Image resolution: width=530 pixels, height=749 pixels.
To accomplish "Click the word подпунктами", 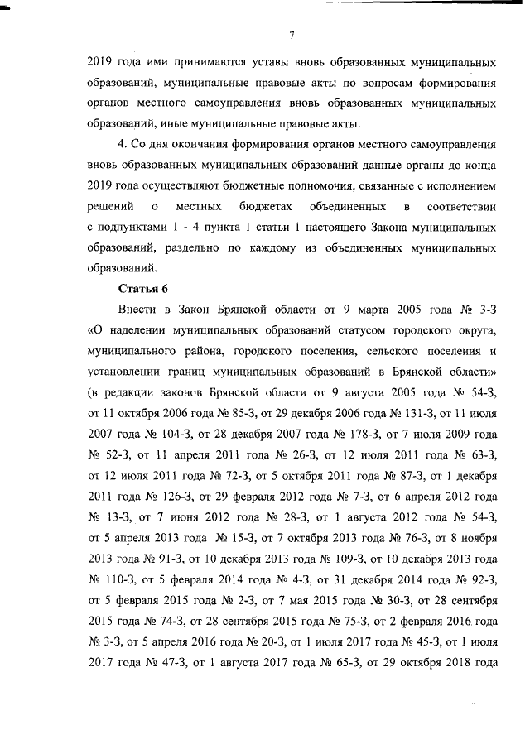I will pyautogui.click(x=138, y=226).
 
